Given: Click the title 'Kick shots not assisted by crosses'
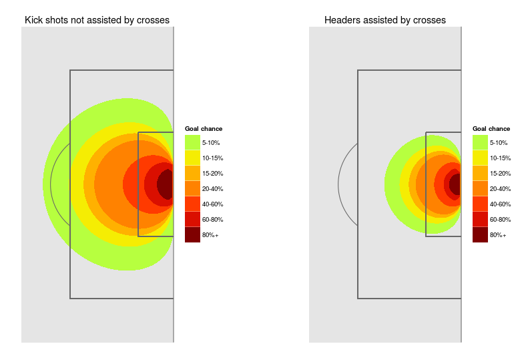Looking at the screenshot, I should (97, 20).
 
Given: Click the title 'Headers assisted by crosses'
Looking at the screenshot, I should (384, 20).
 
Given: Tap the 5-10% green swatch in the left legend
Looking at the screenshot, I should (192, 142).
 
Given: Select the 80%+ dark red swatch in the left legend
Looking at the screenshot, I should (192, 234).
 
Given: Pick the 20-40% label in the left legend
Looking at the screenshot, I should (212, 189).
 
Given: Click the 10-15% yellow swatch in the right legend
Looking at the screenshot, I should (480, 158).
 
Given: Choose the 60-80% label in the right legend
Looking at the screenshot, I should (501, 220).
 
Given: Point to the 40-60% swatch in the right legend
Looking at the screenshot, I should (480, 204).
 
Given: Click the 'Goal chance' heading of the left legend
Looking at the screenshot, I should (204, 129).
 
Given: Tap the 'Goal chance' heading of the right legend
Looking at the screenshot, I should (491, 129).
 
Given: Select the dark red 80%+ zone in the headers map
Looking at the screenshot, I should (455, 184).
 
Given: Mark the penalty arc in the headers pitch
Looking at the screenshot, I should (340, 184).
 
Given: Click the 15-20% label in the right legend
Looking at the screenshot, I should (501, 174).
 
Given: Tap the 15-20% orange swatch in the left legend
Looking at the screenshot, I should (192, 173).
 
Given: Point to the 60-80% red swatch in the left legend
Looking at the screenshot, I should (192, 219).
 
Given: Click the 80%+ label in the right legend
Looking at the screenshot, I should (498, 235).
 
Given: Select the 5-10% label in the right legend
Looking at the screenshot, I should (499, 143).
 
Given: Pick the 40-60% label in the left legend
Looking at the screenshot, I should (212, 204).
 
